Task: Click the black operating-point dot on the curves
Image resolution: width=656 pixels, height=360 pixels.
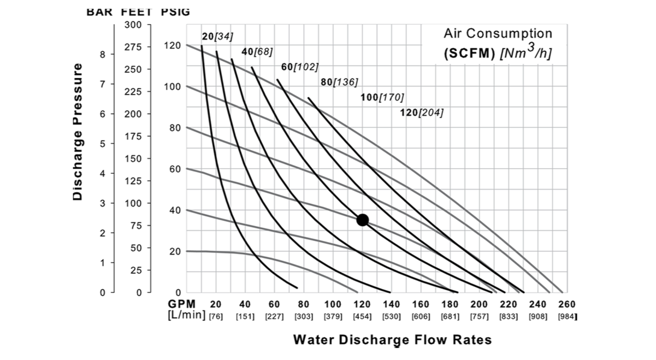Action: pos(362,220)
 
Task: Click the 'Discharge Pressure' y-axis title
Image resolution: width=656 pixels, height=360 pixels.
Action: pos(78,131)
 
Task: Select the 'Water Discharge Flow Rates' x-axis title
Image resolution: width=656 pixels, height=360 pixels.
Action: pos(392,340)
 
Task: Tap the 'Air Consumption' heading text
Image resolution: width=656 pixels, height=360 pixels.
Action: pos(498,34)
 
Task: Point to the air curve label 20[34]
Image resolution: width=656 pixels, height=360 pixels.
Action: pos(217,37)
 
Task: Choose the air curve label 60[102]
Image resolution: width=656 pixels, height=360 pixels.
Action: pos(299,67)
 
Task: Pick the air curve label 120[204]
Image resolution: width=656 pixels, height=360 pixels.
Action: pos(422,113)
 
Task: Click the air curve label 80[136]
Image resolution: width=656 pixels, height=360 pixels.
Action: pos(339,82)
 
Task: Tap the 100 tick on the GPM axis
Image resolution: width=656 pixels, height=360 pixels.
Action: pos(333,304)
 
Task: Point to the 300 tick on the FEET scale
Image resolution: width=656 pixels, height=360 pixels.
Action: pos(133,25)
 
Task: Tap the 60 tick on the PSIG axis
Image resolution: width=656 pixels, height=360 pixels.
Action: pos(174,169)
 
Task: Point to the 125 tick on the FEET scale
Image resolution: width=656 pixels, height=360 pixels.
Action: pos(133,181)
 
